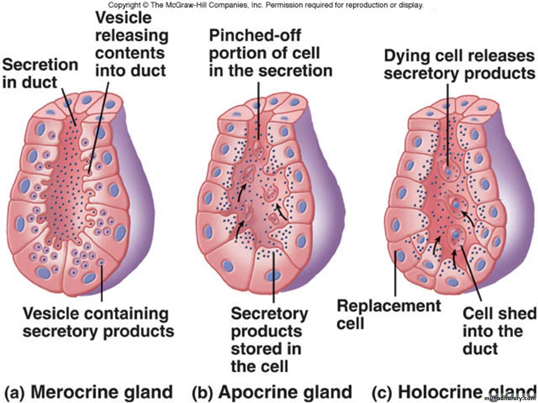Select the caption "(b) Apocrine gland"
click(x=272, y=392)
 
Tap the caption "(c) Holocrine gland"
click(x=454, y=392)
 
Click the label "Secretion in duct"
click(x=39, y=73)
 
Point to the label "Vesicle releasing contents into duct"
click(x=131, y=44)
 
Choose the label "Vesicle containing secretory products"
click(x=98, y=322)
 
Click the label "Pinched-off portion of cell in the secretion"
click(x=270, y=53)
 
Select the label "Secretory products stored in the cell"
click(x=269, y=340)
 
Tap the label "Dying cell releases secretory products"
click(x=459, y=64)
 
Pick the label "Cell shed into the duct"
click(x=499, y=331)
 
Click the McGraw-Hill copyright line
click(x=265, y=5)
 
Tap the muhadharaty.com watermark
click(x=509, y=398)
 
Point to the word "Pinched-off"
click(x=255, y=35)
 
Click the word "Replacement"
click(x=388, y=306)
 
